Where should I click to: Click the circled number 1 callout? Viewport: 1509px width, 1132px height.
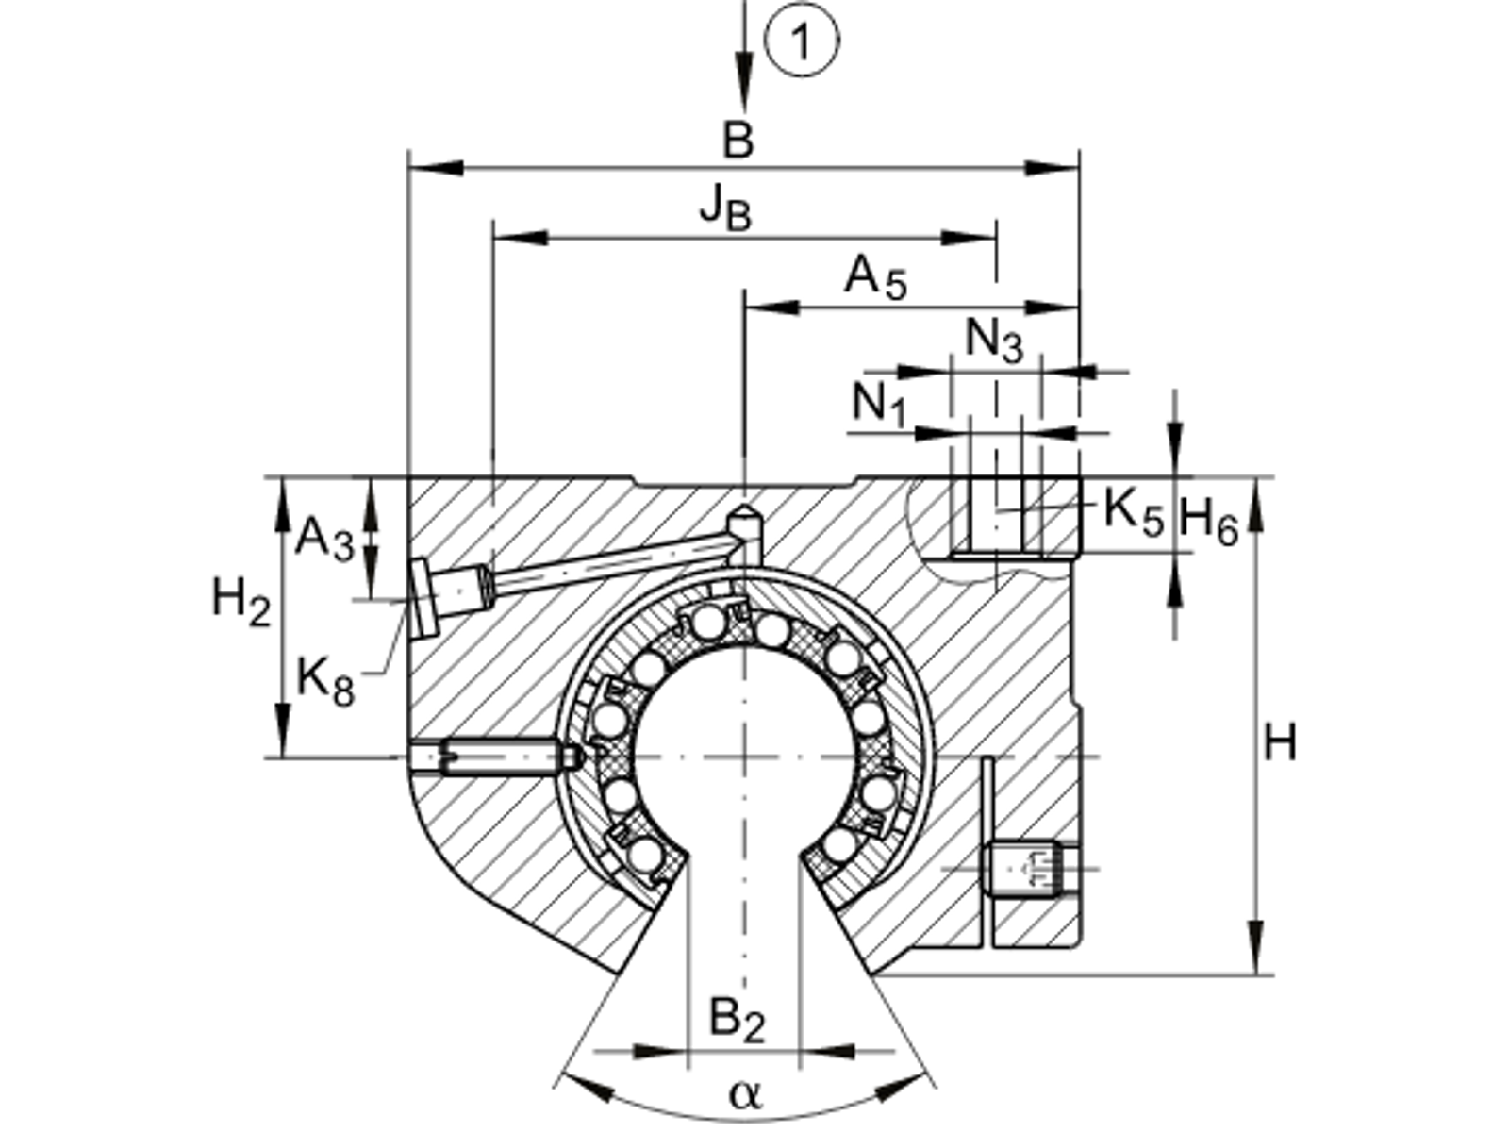pyautogui.click(x=801, y=43)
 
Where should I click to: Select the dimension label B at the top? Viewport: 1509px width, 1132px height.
pyautogui.click(x=738, y=141)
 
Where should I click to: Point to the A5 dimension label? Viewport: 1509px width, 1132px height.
pyautogui.click(x=875, y=279)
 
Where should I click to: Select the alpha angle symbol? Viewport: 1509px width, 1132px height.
pyautogui.click(x=744, y=1094)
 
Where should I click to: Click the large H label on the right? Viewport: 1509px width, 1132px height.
pyautogui.click(x=1280, y=744)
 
